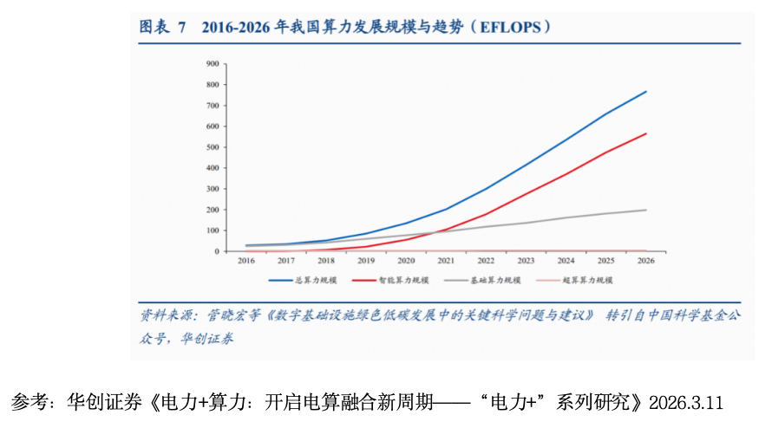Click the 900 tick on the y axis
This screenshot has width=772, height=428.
[x=211, y=64]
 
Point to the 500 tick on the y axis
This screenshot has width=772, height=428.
[x=211, y=147]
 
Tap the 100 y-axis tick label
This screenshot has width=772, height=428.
[x=211, y=230]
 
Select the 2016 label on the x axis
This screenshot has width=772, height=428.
[x=247, y=260]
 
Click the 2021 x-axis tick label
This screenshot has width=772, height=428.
[x=447, y=260]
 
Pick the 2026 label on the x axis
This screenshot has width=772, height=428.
[x=646, y=260]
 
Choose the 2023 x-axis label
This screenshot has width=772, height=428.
[x=527, y=260]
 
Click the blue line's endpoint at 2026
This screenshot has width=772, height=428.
[x=646, y=91]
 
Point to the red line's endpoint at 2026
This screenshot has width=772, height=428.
[x=646, y=133]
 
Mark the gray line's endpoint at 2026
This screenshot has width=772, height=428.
[x=646, y=210]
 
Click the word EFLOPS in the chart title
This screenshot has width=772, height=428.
[x=512, y=28]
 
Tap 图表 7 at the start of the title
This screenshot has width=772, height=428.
[x=163, y=28]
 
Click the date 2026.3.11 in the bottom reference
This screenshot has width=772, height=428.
[x=685, y=403]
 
